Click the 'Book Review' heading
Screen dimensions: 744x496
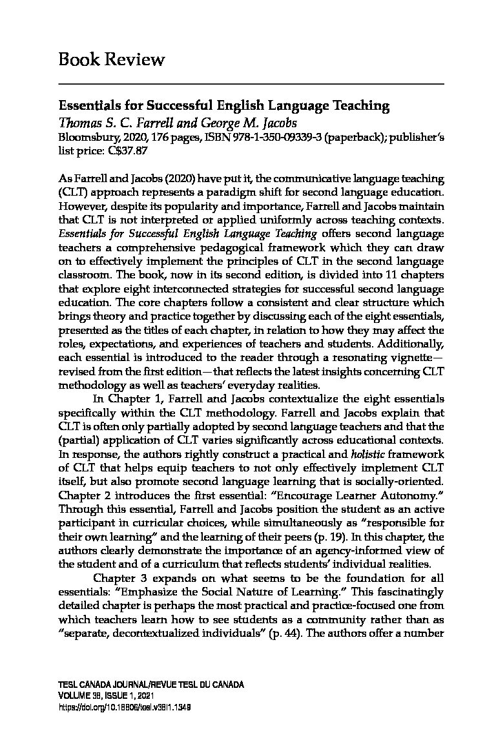(x=111, y=60)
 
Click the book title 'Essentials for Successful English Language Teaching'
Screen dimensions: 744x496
(x=224, y=105)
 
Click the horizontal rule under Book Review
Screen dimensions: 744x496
(x=251, y=85)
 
